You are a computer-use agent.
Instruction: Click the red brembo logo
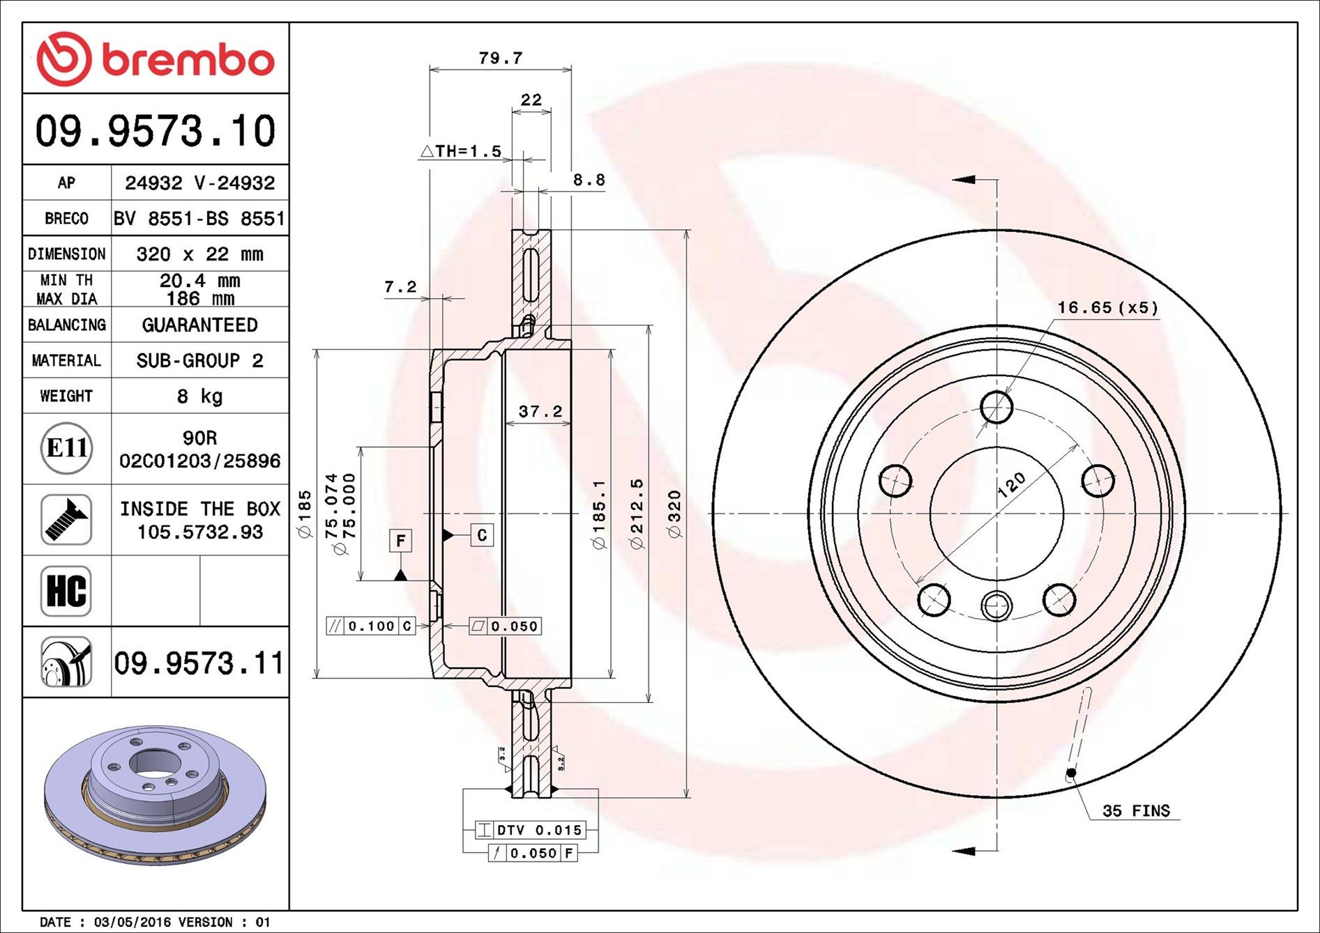pyautogui.click(x=155, y=59)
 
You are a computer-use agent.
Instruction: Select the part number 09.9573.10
pyautogui.click(x=155, y=130)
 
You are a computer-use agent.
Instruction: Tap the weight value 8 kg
pyautogui.click(x=199, y=396)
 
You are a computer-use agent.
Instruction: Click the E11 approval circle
pyautogui.click(x=66, y=448)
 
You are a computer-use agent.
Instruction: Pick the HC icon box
pyautogui.click(x=66, y=591)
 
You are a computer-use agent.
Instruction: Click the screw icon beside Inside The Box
pyautogui.click(x=66, y=520)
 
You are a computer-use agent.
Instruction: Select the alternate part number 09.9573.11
pyautogui.click(x=199, y=663)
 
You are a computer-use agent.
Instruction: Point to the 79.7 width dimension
pyautogui.click(x=500, y=59)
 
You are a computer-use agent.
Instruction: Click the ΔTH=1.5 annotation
pyautogui.click(x=461, y=151)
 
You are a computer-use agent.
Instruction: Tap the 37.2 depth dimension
pyautogui.click(x=540, y=412)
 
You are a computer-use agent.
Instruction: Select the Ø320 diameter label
pyautogui.click(x=674, y=514)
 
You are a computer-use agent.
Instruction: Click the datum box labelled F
pyautogui.click(x=400, y=541)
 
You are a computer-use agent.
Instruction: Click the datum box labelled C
pyautogui.click(x=482, y=535)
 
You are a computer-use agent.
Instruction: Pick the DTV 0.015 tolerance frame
pyautogui.click(x=531, y=830)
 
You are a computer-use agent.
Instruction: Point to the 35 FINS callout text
pyautogui.click(x=1135, y=810)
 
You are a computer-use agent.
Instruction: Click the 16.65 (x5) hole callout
pyautogui.click(x=1107, y=307)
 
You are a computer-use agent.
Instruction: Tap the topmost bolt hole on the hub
pyautogui.click(x=996, y=407)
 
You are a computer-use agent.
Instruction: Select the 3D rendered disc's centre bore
pyautogui.click(x=153, y=762)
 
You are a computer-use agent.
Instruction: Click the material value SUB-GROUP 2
pyautogui.click(x=199, y=361)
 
